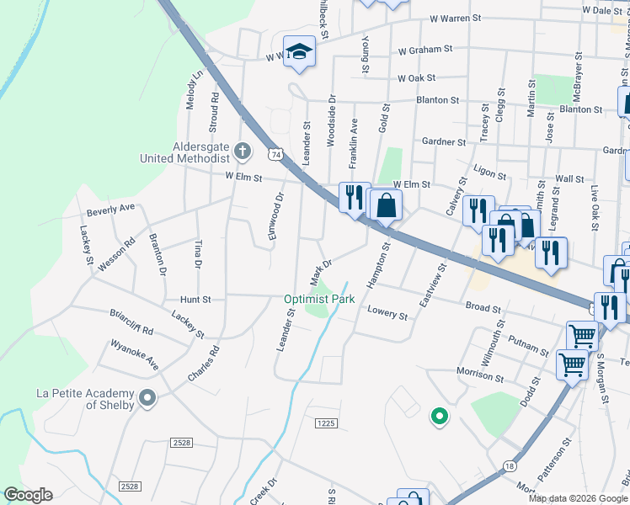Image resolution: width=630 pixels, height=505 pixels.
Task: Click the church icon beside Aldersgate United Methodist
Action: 243,151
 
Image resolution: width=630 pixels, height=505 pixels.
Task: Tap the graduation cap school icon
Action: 298,52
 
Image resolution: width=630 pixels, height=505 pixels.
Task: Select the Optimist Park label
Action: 318,299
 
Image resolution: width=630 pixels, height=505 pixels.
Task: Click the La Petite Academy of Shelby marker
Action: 147,398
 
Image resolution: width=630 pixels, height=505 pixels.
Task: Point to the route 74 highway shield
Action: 275,154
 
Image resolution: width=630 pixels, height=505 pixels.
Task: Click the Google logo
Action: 28,495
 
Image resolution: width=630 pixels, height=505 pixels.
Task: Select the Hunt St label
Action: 195,299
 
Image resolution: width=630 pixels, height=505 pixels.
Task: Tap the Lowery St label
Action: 388,313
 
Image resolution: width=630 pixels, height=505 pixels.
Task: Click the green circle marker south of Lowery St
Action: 438,415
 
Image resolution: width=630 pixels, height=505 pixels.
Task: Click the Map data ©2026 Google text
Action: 578,498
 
